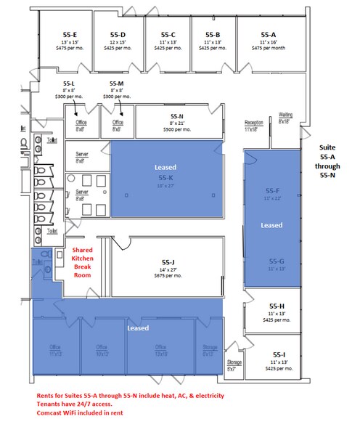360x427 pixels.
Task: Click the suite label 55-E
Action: tap(70, 34)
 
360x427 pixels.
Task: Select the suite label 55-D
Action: tap(118, 34)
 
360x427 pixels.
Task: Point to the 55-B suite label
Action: tap(213, 34)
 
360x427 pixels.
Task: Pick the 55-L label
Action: tap(70, 84)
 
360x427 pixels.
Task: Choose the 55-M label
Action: tap(117, 84)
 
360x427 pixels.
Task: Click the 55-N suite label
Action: tap(177, 116)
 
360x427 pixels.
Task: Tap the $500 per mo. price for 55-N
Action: tap(177, 129)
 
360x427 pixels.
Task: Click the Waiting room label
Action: tap(287, 115)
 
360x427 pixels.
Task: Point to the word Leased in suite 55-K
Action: tap(165, 167)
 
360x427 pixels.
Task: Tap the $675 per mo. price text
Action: tap(169, 275)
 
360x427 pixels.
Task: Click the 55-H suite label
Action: tap(277, 306)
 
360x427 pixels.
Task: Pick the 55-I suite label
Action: tap(277, 354)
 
